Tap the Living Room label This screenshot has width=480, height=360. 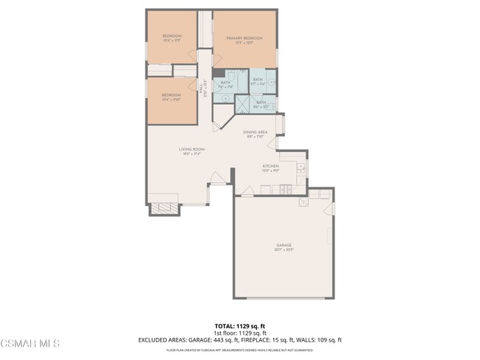pos(191,149)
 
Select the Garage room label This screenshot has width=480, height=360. pos(284,244)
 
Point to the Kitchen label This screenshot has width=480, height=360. pos(270,166)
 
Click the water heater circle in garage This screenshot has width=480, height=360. pos(303,202)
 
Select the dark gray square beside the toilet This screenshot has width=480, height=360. pos(219,73)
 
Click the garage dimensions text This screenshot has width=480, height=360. pos(284,249)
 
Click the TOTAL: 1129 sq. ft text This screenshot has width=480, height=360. pos(239,325)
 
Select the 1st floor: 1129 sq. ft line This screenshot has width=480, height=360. pos(239,333)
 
